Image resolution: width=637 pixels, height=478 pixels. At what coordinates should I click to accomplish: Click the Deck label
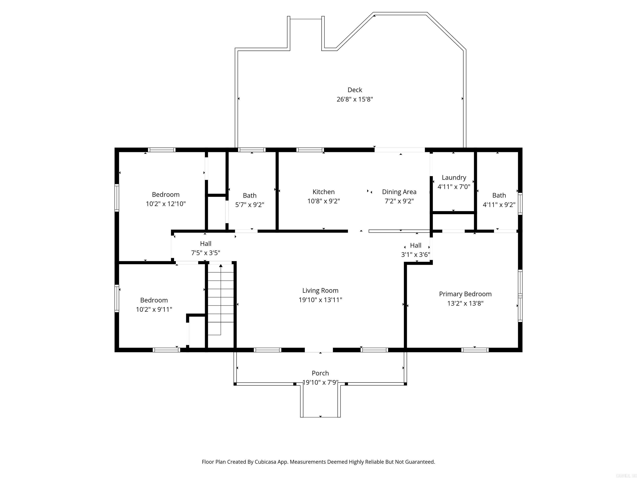click(355, 90)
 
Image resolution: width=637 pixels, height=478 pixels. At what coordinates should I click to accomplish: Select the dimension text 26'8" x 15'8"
click(355, 99)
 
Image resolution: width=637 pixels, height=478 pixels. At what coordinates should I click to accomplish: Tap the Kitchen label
click(323, 192)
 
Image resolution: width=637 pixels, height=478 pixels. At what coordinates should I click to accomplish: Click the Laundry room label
click(454, 177)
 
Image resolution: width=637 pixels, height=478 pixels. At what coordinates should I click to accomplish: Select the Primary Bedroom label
click(465, 294)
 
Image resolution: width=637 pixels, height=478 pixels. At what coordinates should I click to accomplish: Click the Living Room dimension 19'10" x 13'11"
click(320, 300)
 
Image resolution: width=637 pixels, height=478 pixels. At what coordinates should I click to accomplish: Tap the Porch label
click(320, 373)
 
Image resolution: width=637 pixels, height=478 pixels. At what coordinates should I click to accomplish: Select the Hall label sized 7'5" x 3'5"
click(206, 244)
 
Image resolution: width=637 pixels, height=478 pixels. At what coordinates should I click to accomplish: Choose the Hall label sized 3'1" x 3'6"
click(416, 245)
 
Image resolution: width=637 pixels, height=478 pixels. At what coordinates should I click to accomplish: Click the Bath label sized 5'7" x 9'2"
click(250, 196)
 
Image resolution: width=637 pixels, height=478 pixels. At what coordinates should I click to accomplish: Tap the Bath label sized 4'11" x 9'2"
click(499, 195)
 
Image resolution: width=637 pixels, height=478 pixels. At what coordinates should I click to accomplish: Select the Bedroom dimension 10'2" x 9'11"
click(154, 310)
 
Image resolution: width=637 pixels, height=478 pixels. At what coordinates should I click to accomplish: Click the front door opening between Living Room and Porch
click(319, 350)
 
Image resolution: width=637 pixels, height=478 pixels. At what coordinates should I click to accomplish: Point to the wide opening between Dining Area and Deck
click(400, 150)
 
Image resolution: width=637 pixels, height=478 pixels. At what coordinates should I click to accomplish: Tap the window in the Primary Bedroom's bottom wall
click(475, 350)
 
